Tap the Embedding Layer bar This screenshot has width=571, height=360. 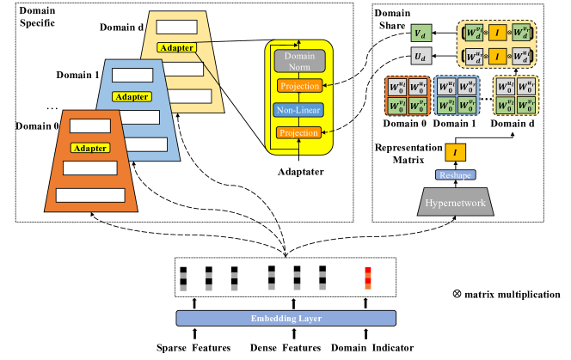(287, 318)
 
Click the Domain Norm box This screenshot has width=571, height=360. (298, 62)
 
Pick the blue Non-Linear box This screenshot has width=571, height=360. (298, 110)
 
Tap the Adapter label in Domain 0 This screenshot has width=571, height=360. (89, 148)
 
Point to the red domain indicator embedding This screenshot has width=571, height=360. (367, 278)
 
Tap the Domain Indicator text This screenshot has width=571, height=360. (372, 347)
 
